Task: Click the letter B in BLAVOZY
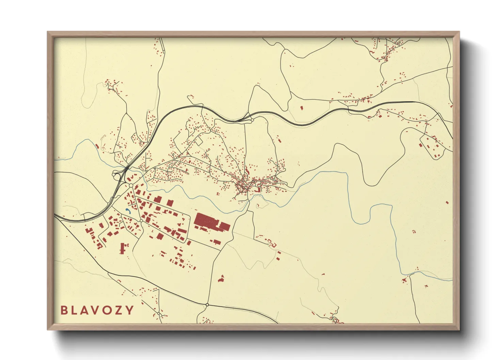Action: click(64, 310)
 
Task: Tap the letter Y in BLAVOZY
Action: click(130, 310)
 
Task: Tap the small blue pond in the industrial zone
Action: click(128, 211)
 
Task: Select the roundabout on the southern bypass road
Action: click(207, 305)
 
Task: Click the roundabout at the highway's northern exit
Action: click(252, 120)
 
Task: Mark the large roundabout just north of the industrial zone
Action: click(131, 185)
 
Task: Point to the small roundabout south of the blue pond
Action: click(141, 221)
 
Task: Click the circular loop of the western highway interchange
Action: click(114, 175)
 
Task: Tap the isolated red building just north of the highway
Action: click(301, 108)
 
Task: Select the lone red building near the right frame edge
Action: click(447, 202)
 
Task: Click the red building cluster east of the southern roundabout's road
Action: click(221, 279)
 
